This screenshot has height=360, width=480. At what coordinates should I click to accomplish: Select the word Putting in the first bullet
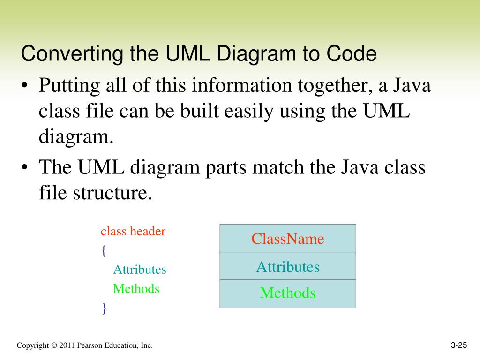point(66,86)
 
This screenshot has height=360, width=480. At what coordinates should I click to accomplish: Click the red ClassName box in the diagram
point(288,239)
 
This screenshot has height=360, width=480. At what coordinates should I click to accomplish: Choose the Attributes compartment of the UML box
point(288,267)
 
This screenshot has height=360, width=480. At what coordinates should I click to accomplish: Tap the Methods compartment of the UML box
point(288,293)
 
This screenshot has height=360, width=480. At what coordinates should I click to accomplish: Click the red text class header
point(133,231)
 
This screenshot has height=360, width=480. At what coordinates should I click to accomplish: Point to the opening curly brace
point(104,251)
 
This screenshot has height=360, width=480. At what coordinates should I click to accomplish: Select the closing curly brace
point(104,308)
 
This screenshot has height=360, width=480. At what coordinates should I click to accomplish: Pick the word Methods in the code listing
point(136,289)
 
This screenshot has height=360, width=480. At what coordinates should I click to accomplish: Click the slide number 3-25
point(459,345)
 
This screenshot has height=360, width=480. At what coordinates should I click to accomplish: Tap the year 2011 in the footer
point(67,345)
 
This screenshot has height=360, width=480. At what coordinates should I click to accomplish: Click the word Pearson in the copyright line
point(89,345)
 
